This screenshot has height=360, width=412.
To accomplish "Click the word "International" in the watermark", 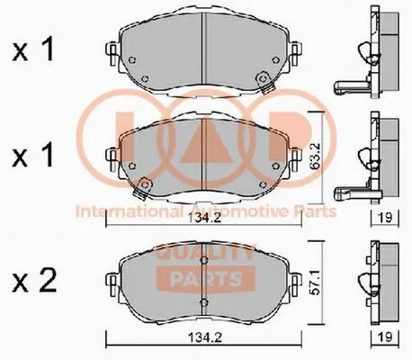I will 128,211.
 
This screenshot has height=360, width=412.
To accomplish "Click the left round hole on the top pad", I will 132,62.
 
